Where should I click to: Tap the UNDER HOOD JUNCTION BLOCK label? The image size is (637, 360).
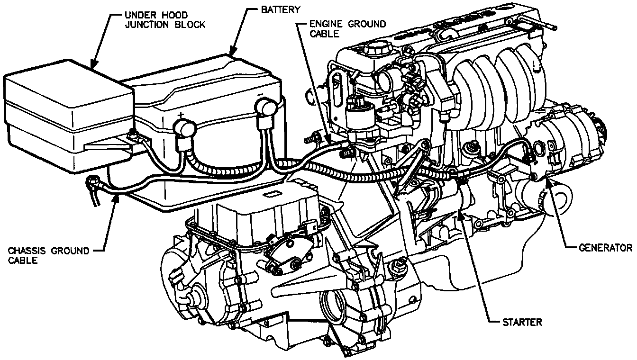165,19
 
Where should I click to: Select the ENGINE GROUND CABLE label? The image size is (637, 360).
347,28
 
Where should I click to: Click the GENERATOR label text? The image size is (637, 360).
606,248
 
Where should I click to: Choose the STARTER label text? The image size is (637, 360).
521,323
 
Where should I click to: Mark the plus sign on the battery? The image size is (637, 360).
180,115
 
